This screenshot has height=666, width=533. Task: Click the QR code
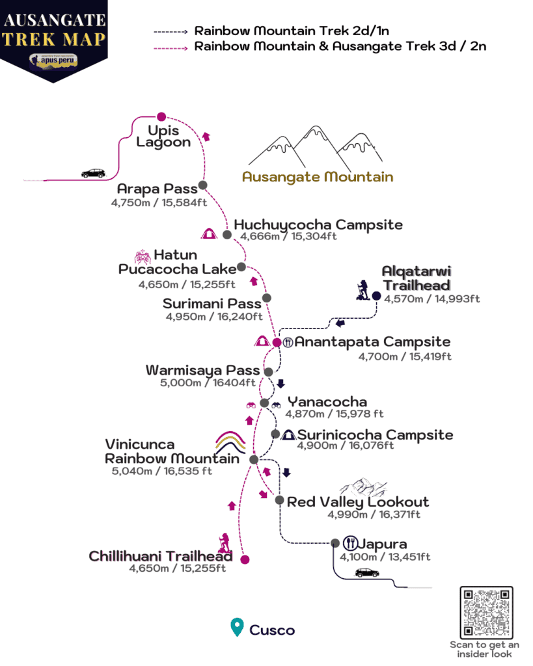pos(486,612)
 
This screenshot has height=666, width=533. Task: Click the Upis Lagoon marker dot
pos(161,117)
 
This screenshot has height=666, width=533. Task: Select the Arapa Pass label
pos(157,189)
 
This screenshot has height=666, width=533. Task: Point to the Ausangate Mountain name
pos(318,177)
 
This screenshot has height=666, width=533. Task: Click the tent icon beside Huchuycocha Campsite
pos(209,233)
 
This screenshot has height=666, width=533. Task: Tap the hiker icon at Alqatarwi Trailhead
pos(363,290)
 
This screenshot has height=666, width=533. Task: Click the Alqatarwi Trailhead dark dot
pos(376,296)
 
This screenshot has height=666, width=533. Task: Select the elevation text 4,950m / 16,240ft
pos(214,317)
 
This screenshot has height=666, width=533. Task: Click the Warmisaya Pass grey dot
pos(269,372)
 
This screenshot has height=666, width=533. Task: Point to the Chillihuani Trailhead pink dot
pos(245,559)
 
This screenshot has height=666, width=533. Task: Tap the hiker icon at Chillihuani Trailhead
pos(224,543)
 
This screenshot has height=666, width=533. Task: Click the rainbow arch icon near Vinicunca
pos(230,442)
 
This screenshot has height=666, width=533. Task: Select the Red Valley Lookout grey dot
pos(279,500)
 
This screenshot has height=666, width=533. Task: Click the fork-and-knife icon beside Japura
pos(350,542)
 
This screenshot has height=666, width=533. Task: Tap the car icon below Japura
pos(367,573)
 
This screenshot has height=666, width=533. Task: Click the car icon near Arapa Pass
pos(93,173)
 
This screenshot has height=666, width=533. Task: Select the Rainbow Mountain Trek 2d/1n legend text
pos(292,31)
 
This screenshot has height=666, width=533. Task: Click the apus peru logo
pos(53,60)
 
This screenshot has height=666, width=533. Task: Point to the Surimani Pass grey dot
pos(267,298)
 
